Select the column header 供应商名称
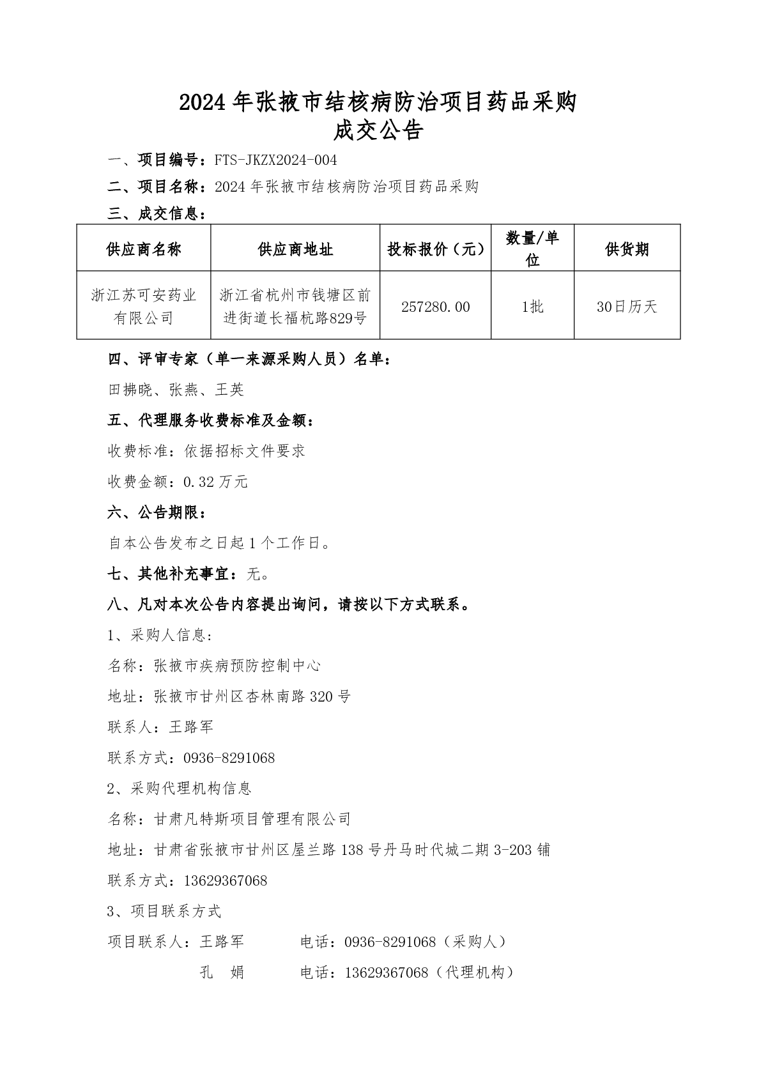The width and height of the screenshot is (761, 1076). point(144,249)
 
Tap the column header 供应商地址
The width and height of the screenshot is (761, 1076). point(295,249)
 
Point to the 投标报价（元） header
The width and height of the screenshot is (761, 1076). point(435,249)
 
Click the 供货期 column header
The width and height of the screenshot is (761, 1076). point(626,249)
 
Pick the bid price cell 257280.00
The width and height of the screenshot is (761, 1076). point(435,307)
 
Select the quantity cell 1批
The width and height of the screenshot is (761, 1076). point(532,307)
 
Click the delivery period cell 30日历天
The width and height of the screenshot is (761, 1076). point(626,307)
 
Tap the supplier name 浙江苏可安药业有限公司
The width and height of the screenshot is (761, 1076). point(144,306)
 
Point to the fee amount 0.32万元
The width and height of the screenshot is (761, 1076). point(215,482)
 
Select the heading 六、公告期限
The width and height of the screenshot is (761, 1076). point(157,512)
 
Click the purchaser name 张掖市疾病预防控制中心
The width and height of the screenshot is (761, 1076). point(237,666)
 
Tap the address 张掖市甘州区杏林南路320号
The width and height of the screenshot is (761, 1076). point(252,696)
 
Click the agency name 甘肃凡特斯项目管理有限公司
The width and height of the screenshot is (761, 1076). point(252,819)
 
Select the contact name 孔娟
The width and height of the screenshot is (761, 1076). point(222,972)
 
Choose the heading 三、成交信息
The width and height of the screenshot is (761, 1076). point(157,214)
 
